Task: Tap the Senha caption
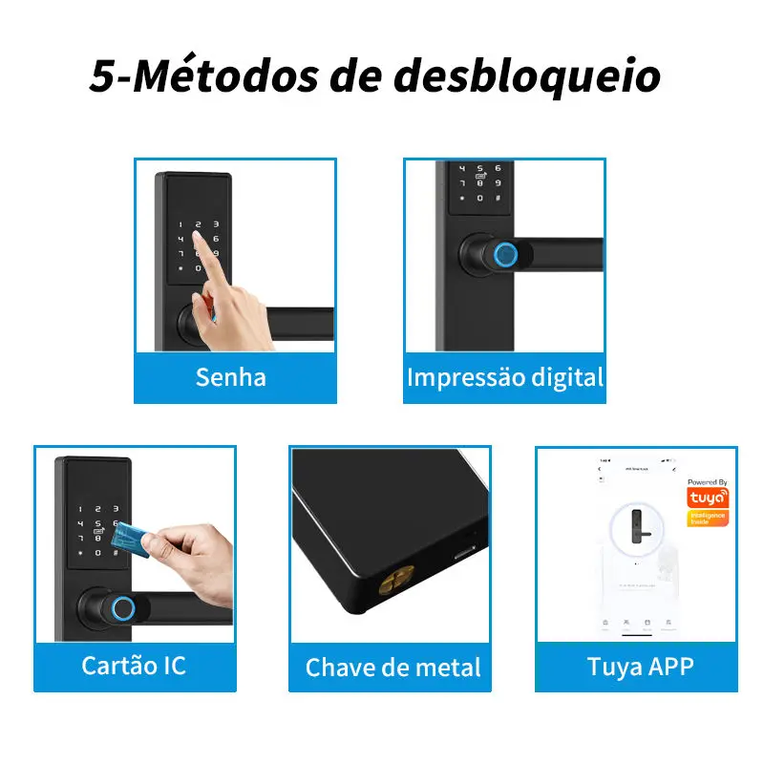[230, 376]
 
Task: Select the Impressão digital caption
[505, 376]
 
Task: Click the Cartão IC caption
[134, 665]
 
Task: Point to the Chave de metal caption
[393, 667]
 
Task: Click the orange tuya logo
[708, 498]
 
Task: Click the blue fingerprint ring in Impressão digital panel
[505, 255]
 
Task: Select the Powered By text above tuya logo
[708, 483]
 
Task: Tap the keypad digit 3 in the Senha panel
[216, 225]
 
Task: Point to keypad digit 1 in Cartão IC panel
[82, 510]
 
